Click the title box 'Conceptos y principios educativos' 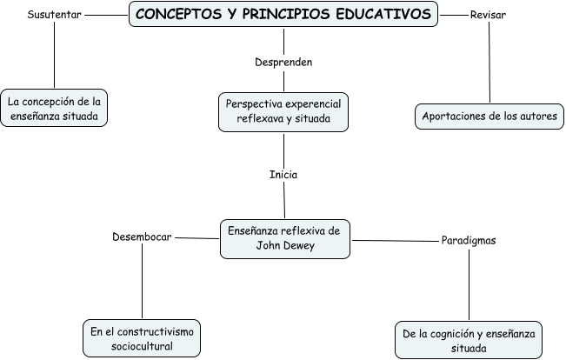click(x=283, y=15)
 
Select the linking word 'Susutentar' click(x=55, y=15)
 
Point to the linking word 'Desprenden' click(x=283, y=63)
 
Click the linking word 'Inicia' click(x=283, y=174)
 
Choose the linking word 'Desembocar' click(x=142, y=237)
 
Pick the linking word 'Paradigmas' click(x=469, y=241)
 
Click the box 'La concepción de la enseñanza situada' click(x=55, y=109)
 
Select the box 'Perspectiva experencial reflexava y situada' click(x=283, y=110)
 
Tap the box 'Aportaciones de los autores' click(x=489, y=116)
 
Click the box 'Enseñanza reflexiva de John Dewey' click(x=284, y=238)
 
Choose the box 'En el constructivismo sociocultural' click(x=142, y=338)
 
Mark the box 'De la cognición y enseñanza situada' click(x=469, y=340)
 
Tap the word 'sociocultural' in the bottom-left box click(x=142, y=346)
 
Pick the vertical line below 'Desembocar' click(x=142, y=283)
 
